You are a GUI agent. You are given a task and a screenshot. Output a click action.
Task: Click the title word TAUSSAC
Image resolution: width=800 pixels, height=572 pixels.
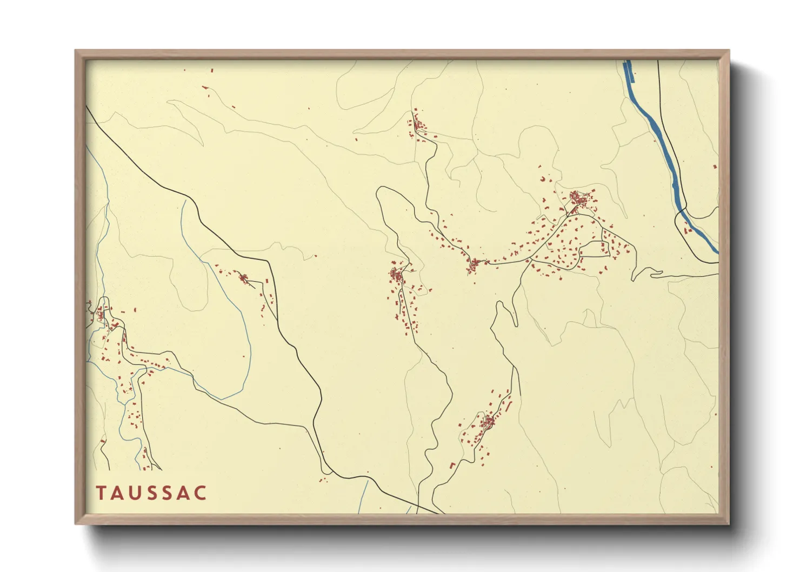151,493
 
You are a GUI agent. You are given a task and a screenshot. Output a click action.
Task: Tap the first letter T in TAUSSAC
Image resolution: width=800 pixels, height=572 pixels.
101,493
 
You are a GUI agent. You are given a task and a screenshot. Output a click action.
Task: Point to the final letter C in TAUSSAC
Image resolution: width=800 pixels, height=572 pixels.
201,493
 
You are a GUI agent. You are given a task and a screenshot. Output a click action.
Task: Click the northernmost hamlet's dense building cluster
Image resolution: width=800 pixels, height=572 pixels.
417,125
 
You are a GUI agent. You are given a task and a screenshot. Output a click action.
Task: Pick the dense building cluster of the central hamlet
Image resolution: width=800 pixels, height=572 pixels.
397,275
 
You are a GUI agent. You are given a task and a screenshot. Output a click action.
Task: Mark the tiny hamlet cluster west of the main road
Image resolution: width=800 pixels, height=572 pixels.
244,278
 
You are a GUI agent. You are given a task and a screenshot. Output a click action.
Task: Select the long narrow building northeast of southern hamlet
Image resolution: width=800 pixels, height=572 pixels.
507,403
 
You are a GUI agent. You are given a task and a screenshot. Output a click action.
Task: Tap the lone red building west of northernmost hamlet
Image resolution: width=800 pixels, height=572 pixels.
356,139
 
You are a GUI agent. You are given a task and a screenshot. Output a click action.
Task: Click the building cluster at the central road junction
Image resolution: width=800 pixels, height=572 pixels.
475,264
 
